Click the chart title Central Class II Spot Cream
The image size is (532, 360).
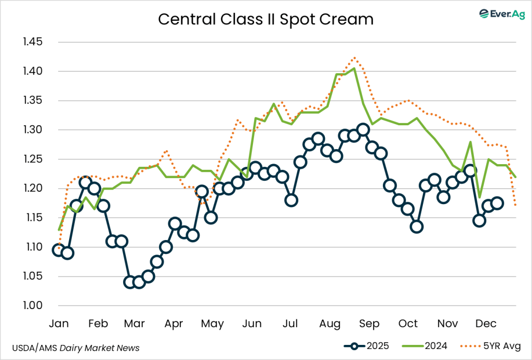click(x=265, y=19)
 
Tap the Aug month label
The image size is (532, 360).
click(x=330, y=324)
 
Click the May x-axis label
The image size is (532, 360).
click(x=212, y=324)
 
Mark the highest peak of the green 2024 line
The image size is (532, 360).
click(x=354, y=68)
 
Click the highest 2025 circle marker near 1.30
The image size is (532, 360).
click(x=363, y=130)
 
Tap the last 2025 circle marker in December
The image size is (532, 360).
click(x=497, y=203)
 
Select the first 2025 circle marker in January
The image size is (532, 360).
click(x=59, y=250)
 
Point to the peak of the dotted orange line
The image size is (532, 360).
click(x=354, y=57)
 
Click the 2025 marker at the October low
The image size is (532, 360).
click(x=416, y=226)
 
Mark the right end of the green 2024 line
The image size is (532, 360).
click(x=516, y=177)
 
